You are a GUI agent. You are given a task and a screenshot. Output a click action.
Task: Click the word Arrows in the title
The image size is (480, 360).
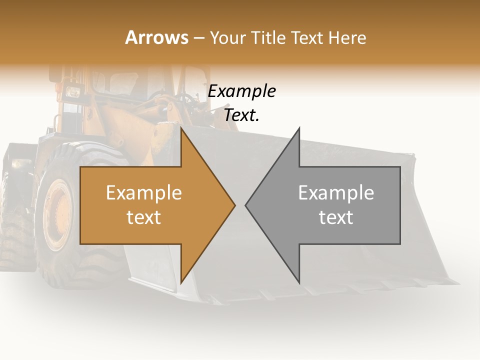coord(156,37)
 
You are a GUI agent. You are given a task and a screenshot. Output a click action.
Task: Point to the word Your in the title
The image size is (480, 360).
coord(227,37)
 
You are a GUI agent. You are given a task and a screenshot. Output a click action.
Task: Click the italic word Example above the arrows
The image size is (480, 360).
coord(241,91)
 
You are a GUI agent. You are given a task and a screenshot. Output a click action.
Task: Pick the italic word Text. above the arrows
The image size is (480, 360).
coord(241,115)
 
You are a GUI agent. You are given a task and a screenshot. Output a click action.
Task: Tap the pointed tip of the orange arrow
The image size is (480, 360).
coord(233,205)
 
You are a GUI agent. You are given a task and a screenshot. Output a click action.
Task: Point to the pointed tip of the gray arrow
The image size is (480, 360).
coord(247,205)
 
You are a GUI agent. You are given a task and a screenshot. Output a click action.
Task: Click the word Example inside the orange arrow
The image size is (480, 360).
coord(144,193)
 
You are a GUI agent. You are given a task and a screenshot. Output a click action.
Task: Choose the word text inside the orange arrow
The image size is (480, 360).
coord(144,217)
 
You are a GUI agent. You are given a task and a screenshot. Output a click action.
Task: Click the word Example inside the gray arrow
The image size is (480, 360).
coord(336,193)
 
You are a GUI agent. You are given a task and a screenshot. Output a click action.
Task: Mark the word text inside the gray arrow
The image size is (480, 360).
coord(336,217)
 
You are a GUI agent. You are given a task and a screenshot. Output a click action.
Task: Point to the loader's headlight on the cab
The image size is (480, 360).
coord(73,92)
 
